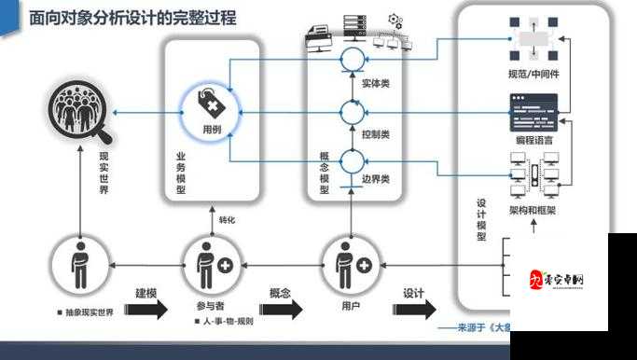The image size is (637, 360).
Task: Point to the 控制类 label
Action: [x=375, y=133]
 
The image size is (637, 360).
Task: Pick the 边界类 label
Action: [x=375, y=177]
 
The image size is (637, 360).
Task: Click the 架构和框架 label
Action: [x=532, y=211]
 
